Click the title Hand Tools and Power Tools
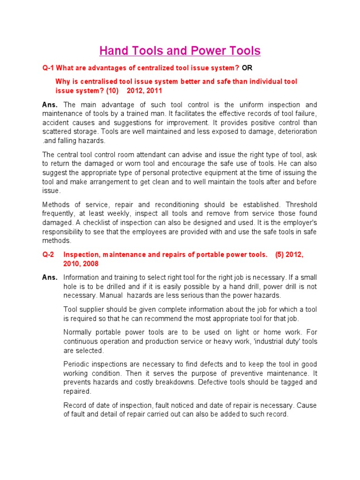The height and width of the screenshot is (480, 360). click(x=180, y=51)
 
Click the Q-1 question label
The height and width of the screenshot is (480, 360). click(x=48, y=68)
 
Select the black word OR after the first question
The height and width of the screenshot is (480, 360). click(x=247, y=68)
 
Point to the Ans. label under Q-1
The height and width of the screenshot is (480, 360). click(x=50, y=105)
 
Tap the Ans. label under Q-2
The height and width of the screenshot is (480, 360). click(x=50, y=277)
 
